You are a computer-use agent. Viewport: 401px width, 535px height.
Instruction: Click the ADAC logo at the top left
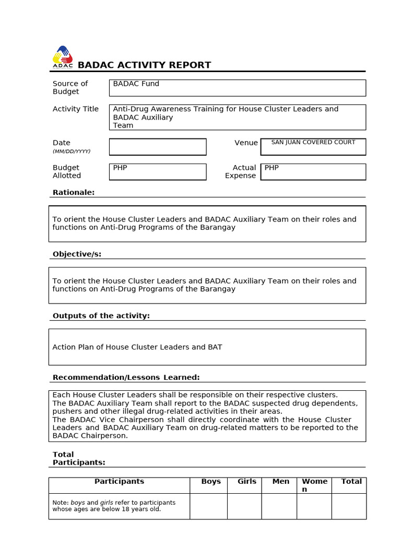pos(63,57)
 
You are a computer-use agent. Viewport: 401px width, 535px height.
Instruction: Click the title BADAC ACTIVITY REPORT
pos(144,65)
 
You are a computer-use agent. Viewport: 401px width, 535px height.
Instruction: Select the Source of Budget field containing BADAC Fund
pos(237,88)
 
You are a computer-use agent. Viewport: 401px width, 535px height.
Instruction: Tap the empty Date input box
pos(158,147)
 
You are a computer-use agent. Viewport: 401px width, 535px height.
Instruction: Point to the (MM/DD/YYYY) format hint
pos(72,152)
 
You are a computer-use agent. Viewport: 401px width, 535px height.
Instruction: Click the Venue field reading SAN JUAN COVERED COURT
pos(313,147)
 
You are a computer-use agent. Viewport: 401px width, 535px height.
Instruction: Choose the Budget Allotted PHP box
pos(158,172)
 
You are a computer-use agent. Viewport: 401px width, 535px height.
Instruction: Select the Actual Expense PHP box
pos(313,172)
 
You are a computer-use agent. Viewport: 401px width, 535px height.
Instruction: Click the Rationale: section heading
pos(74,193)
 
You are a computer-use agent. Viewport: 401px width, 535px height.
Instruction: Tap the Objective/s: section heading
pos(77,254)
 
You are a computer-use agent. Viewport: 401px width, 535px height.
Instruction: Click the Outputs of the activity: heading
pos(101,316)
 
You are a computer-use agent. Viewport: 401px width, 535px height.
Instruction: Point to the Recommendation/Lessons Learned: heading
pos(126,378)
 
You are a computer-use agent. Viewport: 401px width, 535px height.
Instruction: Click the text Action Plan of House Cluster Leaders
pos(137,347)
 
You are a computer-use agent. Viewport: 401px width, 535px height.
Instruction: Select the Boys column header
pos(211,482)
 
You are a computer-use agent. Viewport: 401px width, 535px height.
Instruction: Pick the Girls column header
pos(247,482)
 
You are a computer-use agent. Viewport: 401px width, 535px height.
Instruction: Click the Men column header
pos(281,482)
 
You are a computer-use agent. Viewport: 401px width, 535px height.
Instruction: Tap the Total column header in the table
pos(351,482)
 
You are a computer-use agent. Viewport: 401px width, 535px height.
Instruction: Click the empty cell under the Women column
pos(314,506)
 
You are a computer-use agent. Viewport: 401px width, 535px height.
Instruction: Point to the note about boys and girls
pos(114,506)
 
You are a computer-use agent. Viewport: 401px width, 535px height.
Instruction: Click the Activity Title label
pos(76,109)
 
